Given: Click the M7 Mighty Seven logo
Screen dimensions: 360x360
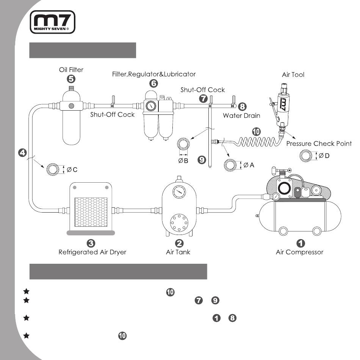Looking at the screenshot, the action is point(53,22).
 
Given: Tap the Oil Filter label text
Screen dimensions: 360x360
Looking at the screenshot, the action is point(71,70).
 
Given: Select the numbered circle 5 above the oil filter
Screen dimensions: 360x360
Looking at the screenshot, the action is point(71,79).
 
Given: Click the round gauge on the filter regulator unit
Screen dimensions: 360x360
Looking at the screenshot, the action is point(151,106).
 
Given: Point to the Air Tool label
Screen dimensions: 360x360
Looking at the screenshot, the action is point(293,75).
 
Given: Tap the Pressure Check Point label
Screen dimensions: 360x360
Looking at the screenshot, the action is point(319,144).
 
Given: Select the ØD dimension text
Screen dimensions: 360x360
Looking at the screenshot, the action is point(324,156).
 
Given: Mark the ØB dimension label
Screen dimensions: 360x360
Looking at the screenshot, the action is point(183,161).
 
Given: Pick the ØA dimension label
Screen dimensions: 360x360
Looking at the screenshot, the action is point(249,165).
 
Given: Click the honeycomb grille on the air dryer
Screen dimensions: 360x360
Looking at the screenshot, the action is point(91,212).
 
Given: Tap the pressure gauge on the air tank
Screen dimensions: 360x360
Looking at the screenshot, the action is point(179,192).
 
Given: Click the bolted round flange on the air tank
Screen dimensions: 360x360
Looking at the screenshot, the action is point(179,223).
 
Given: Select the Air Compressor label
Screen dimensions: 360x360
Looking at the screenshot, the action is point(300,252).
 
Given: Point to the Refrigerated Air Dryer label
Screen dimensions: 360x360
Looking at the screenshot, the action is point(92,252).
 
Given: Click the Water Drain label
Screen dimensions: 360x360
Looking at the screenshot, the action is point(241,116).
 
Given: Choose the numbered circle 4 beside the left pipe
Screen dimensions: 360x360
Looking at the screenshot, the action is point(22,153).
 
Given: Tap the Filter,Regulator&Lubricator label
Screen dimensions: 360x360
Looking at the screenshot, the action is point(154,74).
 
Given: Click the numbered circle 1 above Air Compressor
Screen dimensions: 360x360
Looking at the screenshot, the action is point(301,243).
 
